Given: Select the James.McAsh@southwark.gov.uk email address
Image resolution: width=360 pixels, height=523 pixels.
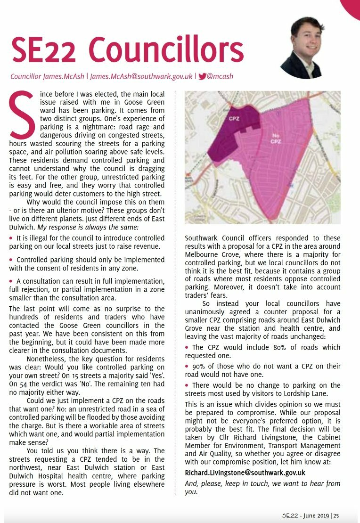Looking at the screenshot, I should point(141,76).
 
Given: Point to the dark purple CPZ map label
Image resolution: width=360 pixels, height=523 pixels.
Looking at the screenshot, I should point(234,119).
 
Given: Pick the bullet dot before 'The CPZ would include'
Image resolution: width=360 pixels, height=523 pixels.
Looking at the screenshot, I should point(188,347).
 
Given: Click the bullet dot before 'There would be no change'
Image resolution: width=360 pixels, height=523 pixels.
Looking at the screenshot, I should point(188,385).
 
